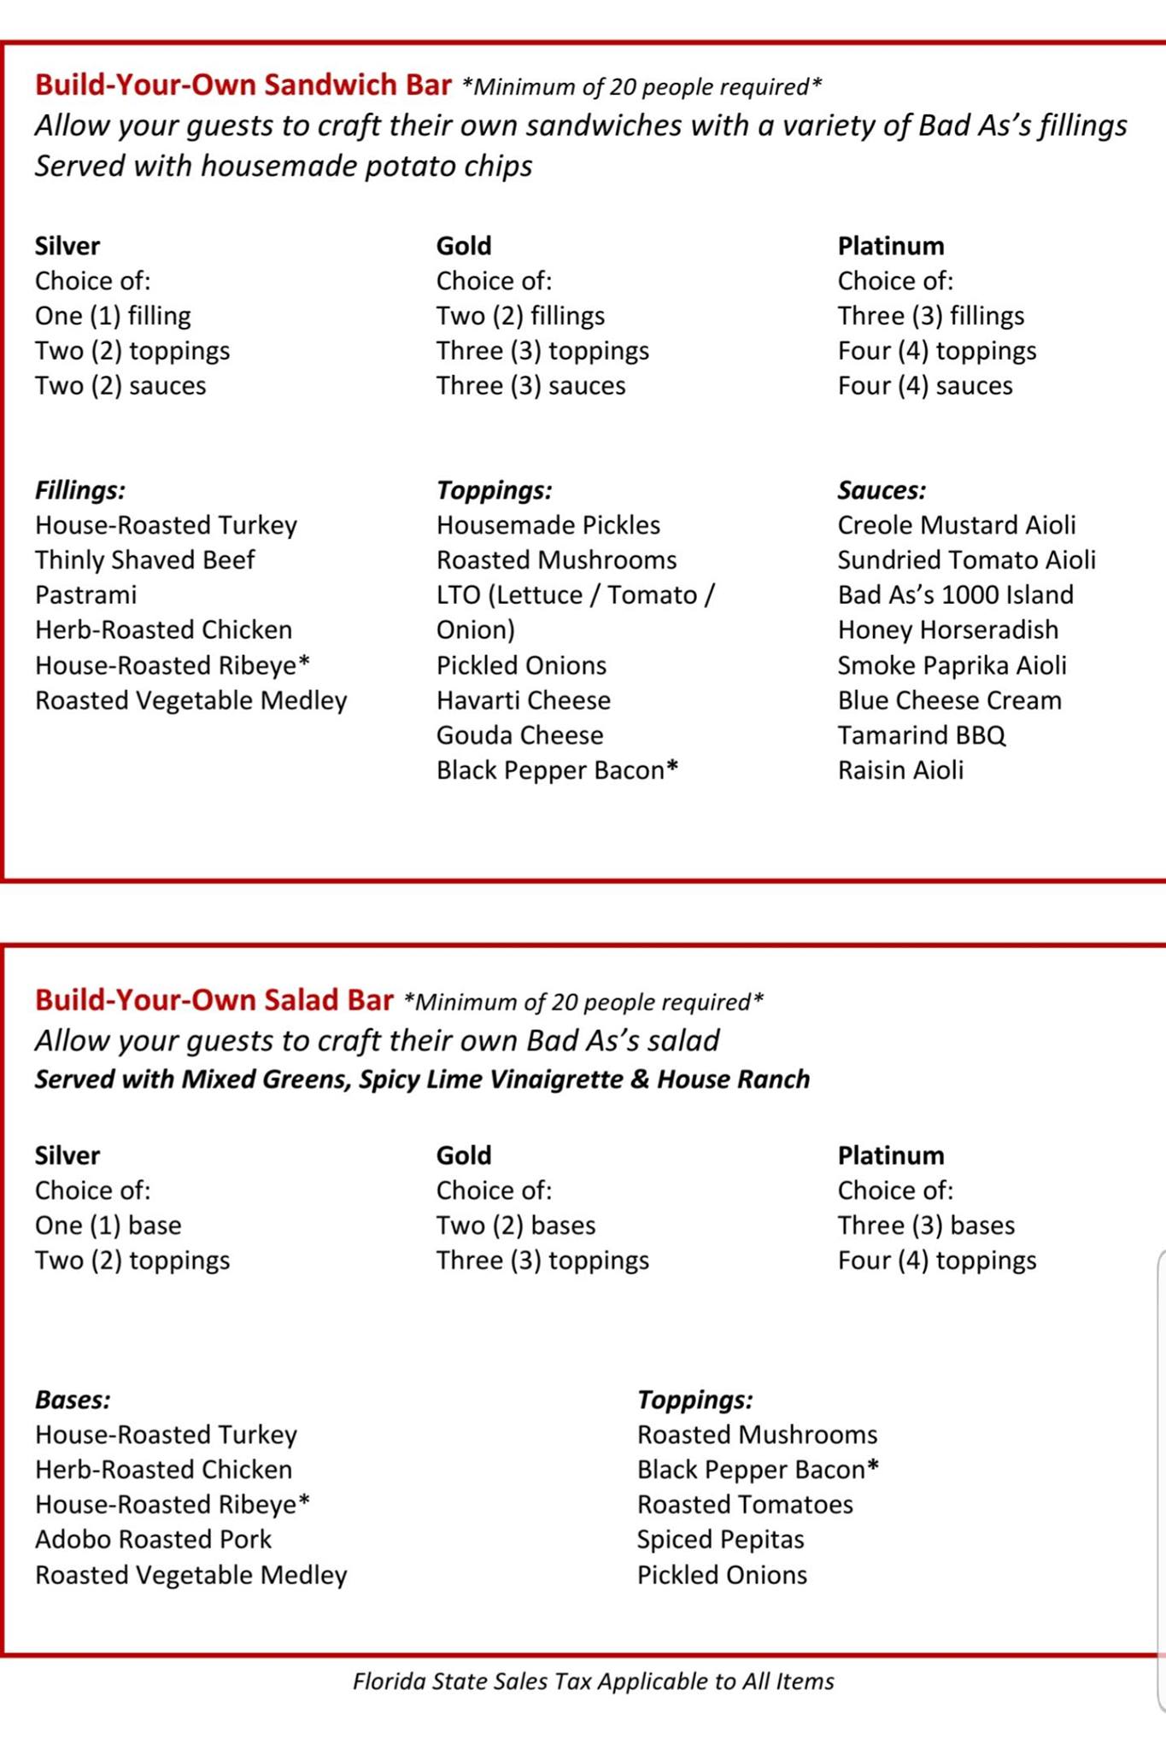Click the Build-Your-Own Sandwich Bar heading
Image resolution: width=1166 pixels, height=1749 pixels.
tap(243, 85)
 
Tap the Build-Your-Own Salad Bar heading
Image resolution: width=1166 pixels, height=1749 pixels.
tap(214, 999)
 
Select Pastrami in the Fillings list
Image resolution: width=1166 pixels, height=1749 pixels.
tap(85, 594)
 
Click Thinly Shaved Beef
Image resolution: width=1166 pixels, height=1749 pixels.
tap(144, 559)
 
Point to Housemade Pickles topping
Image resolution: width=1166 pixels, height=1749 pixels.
tap(548, 524)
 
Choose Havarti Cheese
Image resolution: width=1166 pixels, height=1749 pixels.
tap(523, 700)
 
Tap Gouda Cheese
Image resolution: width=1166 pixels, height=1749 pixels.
tap(519, 735)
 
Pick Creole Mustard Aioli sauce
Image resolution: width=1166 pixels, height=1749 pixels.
tap(956, 524)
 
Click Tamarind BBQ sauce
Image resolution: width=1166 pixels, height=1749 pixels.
tap(921, 735)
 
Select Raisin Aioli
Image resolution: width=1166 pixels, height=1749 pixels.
tap(899, 770)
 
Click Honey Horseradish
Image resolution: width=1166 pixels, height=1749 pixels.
tap(947, 629)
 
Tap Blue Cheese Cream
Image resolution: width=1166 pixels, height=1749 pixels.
tap(949, 700)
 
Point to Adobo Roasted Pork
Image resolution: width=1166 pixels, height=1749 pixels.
tap(153, 1539)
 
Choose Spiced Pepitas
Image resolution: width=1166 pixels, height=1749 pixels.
tap(720, 1539)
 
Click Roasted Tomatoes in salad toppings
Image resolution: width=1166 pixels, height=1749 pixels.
tap(745, 1504)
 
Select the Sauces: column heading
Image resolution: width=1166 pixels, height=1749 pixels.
tap(881, 490)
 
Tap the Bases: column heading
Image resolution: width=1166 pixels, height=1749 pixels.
tap(73, 1399)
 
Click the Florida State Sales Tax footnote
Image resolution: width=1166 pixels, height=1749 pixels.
tap(593, 1681)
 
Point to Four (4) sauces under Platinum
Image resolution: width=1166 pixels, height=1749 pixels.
tap(924, 385)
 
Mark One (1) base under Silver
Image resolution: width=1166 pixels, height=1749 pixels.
tap(108, 1225)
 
